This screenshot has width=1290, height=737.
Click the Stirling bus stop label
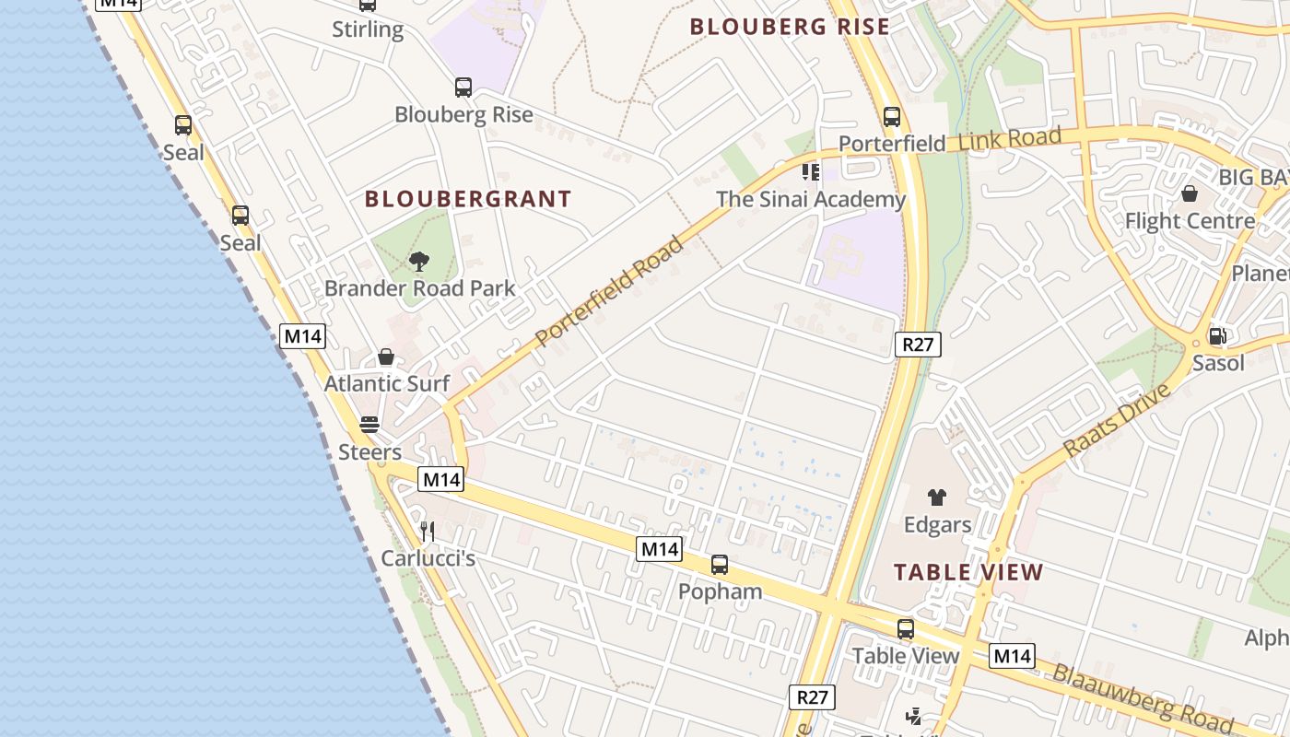(x=368, y=29)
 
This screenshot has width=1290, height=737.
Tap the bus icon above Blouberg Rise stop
(x=463, y=88)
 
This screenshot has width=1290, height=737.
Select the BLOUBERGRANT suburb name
(x=468, y=199)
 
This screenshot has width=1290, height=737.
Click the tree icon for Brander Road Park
(x=419, y=262)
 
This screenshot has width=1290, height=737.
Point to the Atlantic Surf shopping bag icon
(x=386, y=357)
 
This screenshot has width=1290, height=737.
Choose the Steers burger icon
(x=369, y=425)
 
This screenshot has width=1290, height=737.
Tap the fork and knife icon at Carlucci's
(x=427, y=531)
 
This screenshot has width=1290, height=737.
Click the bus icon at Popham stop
(x=720, y=565)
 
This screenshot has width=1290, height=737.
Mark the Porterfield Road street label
(x=610, y=291)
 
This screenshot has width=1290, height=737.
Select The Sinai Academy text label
(x=811, y=199)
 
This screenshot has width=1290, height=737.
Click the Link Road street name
(x=1010, y=140)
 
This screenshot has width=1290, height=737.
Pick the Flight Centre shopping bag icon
(x=1190, y=194)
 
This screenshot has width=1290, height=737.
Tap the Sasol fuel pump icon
(x=1217, y=336)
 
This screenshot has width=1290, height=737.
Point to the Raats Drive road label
(x=1117, y=420)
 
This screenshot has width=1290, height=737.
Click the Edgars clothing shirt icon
(x=937, y=497)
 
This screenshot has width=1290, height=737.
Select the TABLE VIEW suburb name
(x=968, y=572)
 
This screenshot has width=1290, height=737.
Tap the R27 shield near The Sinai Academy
(x=918, y=345)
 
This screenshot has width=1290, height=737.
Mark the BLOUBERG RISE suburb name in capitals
(x=790, y=27)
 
